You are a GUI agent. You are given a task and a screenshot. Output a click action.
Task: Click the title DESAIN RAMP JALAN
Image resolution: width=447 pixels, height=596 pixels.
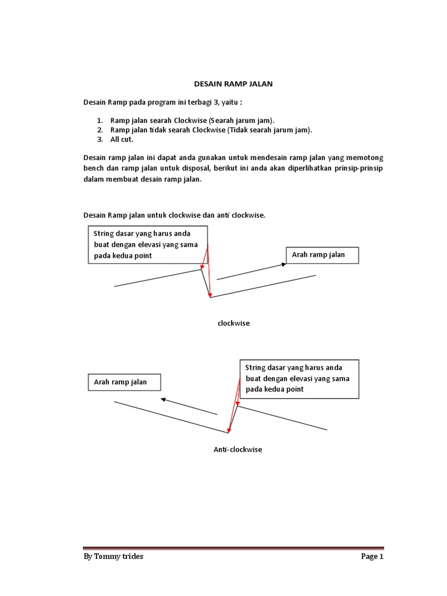coord(232,84)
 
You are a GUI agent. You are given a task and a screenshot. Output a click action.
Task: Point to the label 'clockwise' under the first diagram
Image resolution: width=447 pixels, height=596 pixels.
coord(233,323)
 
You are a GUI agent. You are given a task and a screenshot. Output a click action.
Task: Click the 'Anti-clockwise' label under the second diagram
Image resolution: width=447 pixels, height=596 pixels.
coord(237,450)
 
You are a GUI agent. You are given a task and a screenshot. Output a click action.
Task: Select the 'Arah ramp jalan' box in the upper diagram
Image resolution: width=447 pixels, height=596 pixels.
coord(322,255)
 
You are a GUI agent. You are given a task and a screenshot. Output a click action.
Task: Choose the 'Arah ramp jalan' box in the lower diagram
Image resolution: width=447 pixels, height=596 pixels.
coord(123,382)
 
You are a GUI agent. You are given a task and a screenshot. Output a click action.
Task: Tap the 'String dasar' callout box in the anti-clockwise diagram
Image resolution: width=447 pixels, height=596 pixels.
coord(298,379)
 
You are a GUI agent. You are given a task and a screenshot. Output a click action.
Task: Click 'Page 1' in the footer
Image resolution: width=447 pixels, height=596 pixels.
coord(372,556)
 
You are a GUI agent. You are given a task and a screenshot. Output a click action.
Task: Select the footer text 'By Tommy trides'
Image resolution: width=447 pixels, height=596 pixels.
coord(113,556)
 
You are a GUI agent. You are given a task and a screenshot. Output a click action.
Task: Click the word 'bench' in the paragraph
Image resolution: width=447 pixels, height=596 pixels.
coord(95,168)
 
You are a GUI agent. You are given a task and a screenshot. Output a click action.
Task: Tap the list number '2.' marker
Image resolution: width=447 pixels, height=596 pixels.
coord(100,130)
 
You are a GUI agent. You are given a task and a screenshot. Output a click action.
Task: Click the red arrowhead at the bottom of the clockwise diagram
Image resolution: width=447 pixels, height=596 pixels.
coord(211,295)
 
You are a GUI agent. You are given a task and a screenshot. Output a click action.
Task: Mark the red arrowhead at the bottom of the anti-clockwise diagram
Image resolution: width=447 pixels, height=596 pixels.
coord(229,430)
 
